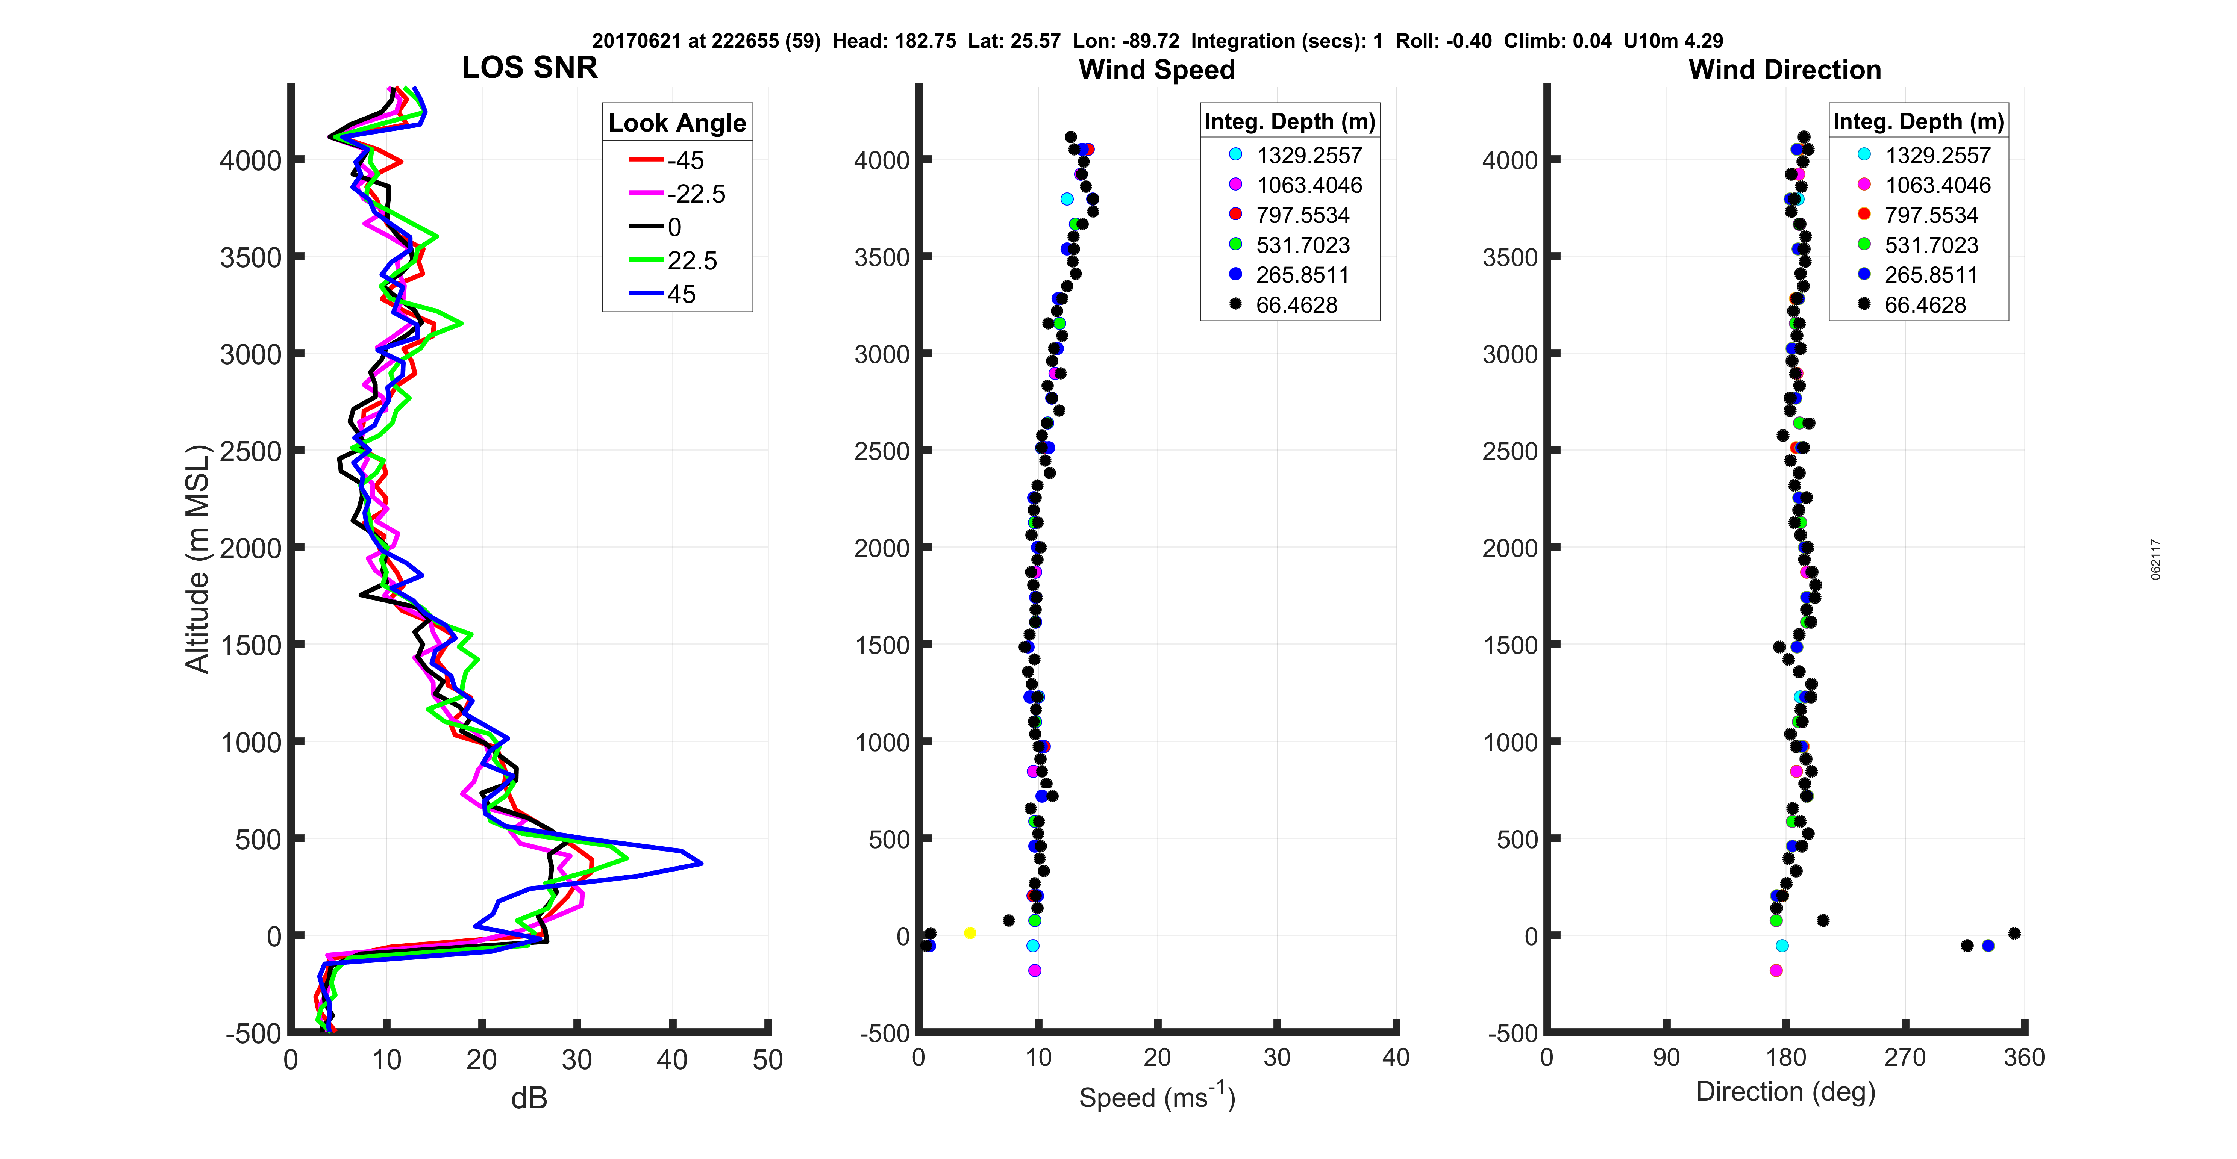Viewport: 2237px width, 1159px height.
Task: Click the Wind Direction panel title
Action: (x=1785, y=70)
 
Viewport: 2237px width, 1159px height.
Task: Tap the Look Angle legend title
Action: (x=676, y=123)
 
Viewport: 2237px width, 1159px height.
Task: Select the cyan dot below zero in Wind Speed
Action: (x=1032, y=946)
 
